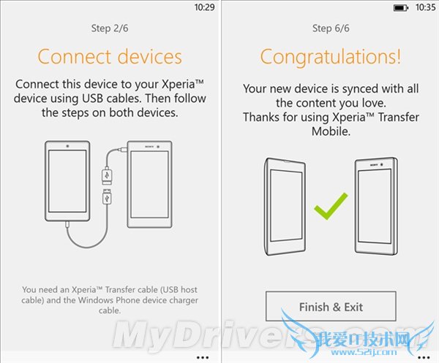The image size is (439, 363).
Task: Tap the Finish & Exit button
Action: [x=331, y=307]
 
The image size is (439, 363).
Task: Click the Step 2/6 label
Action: [x=110, y=28]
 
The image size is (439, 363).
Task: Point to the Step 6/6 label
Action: [x=331, y=28]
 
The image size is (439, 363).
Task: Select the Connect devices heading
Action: [x=110, y=57]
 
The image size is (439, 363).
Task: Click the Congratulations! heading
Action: [x=331, y=57]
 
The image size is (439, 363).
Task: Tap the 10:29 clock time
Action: [x=204, y=7]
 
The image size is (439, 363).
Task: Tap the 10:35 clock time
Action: [x=425, y=7]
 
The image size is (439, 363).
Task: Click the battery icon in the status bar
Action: [x=401, y=8]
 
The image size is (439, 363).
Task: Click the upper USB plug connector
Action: [x=107, y=175]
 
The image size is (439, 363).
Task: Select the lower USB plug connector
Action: [x=107, y=196]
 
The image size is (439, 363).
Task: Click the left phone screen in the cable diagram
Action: [x=67, y=181]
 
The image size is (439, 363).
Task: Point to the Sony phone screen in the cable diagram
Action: [x=149, y=185]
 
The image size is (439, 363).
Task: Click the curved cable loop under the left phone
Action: [x=87, y=246]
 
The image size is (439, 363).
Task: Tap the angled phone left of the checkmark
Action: [x=285, y=207]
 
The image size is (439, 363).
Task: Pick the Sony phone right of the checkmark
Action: [x=376, y=206]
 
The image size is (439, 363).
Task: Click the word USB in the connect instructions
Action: [x=92, y=99]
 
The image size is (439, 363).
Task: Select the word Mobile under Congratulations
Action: [x=331, y=131]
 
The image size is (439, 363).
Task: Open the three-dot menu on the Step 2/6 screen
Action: [x=203, y=357]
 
